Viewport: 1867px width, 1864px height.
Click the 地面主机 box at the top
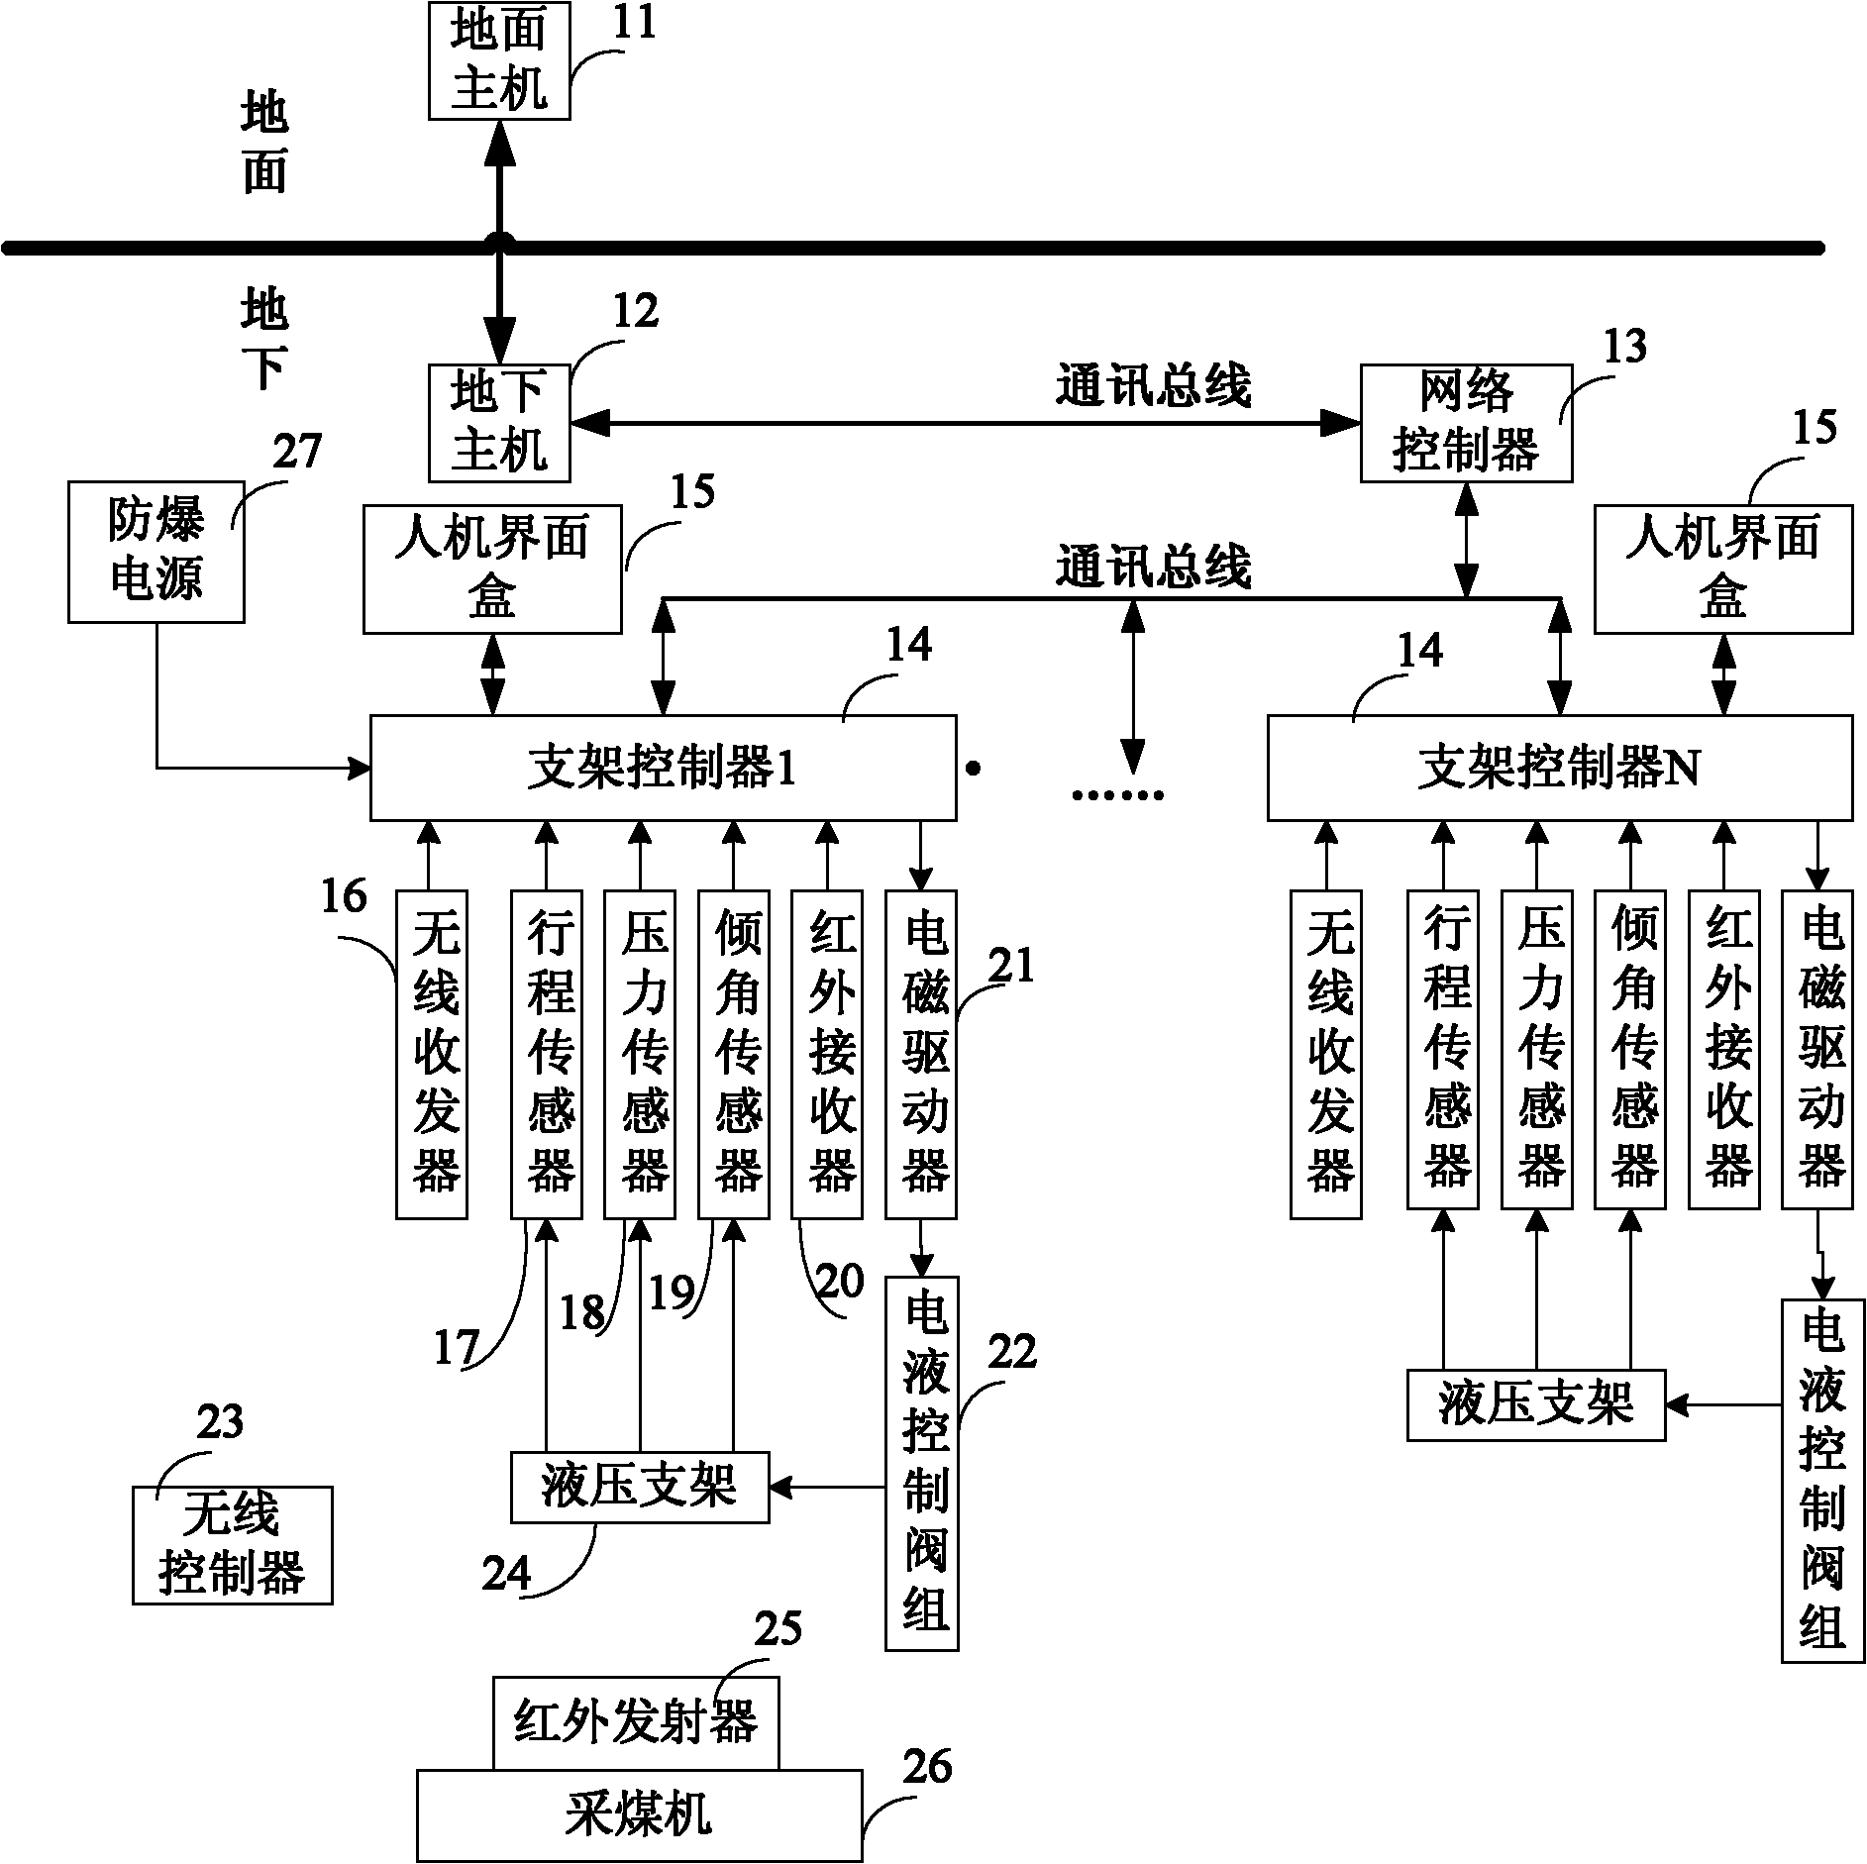coord(499,59)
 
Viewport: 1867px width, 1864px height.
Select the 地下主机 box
coord(499,423)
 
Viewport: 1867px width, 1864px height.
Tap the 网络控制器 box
coord(1466,423)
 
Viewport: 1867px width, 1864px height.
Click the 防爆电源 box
coord(156,552)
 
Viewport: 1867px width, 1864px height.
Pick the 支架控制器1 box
coord(663,768)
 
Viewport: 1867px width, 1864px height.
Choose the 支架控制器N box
coord(1560,768)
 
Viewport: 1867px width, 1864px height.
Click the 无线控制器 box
coord(233,1544)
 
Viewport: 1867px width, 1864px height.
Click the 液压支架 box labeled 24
coord(640,1487)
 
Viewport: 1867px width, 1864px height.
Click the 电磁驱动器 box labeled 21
coord(921,1054)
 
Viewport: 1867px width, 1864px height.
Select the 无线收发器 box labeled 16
coord(432,1054)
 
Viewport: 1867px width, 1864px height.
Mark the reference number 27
coord(297,452)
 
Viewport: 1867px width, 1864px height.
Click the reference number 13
coord(1624,346)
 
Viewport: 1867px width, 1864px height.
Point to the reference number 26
coord(927,1767)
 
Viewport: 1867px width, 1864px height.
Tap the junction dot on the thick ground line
coord(499,245)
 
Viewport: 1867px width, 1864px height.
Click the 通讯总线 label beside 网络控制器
coord(1153,386)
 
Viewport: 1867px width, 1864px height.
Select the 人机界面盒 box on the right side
coord(1723,570)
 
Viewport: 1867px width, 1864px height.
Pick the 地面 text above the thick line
coord(264,143)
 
